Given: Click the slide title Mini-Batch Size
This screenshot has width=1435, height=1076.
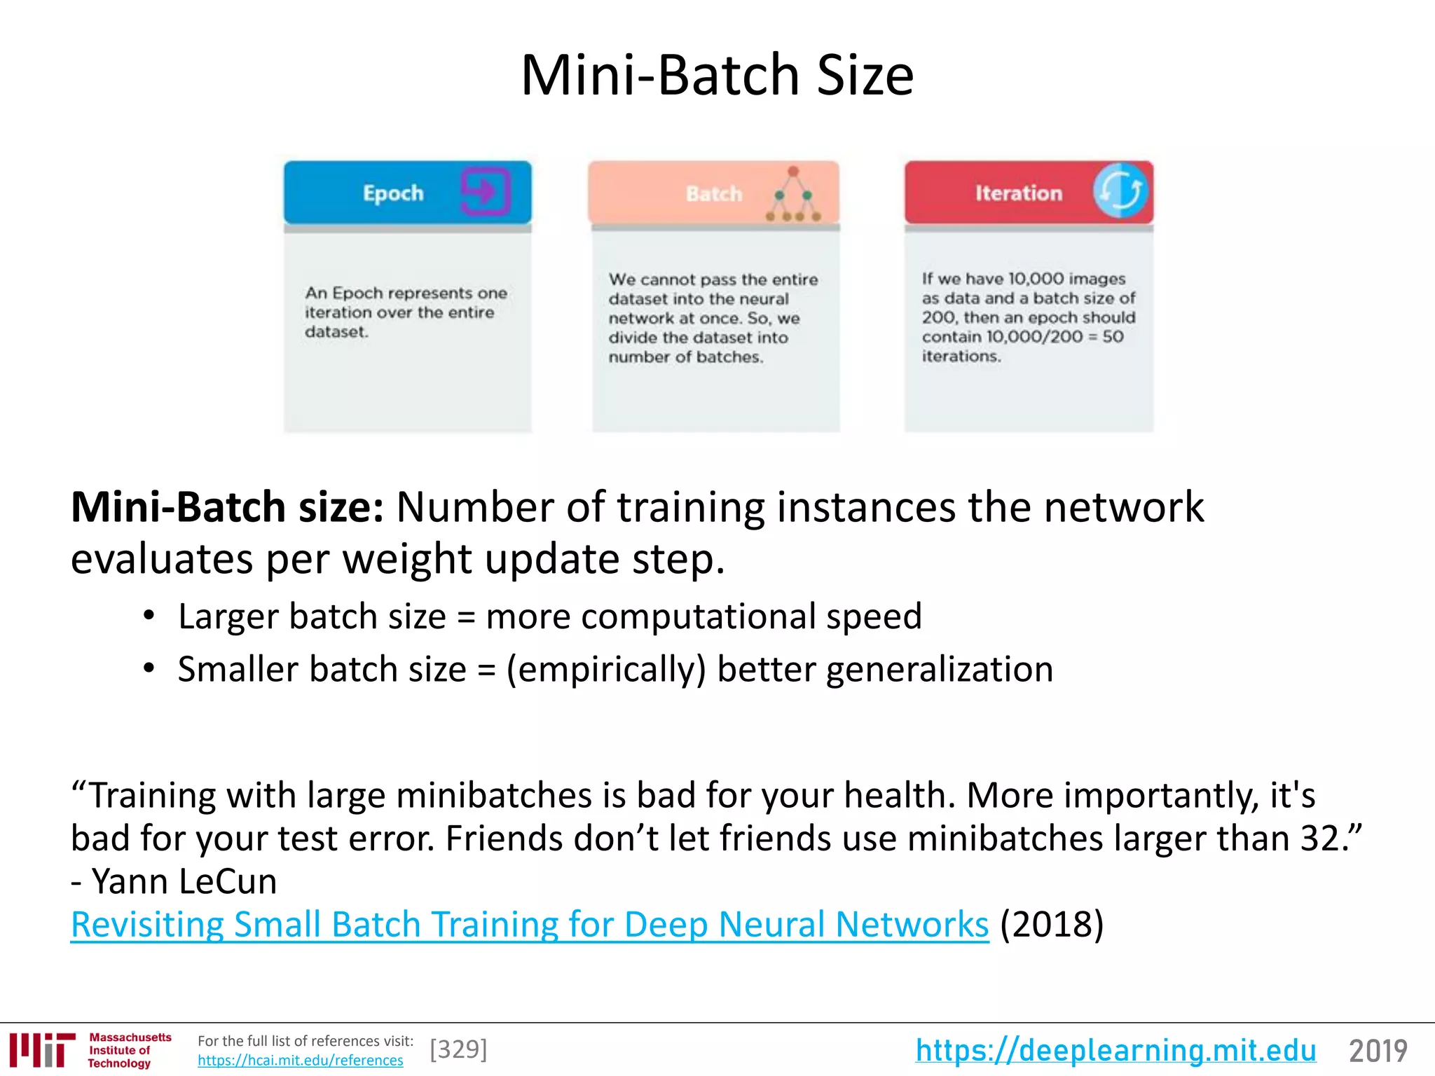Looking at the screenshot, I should (x=717, y=75).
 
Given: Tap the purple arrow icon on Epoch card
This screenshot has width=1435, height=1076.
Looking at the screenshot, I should (x=485, y=191).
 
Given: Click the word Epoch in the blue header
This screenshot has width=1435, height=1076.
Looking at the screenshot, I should (x=393, y=193).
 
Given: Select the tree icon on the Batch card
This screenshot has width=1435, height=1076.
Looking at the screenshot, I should (x=794, y=195).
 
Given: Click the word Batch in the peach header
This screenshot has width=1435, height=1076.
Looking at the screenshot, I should (x=713, y=194).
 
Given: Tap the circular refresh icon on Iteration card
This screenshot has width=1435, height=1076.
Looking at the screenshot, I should (x=1120, y=191).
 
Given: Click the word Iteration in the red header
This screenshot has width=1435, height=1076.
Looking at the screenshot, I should (x=1018, y=193).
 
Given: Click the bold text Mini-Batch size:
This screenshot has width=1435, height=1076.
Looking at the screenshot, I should (x=228, y=507).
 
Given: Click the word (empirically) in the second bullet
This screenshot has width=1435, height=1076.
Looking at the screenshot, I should (x=605, y=670).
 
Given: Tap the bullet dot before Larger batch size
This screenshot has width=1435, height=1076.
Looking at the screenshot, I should (x=149, y=616).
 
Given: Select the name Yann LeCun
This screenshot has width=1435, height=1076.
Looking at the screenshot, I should (x=184, y=881).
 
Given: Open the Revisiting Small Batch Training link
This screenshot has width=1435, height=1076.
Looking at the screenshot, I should (x=530, y=925).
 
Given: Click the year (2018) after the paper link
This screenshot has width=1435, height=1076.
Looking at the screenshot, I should (x=1052, y=925).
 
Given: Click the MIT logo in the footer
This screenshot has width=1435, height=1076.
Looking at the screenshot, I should (x=43, y=1049).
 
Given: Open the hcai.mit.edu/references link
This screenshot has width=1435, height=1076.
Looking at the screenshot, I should (x=300, y=1061).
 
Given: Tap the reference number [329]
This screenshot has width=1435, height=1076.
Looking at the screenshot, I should (x=458, y=1049).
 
